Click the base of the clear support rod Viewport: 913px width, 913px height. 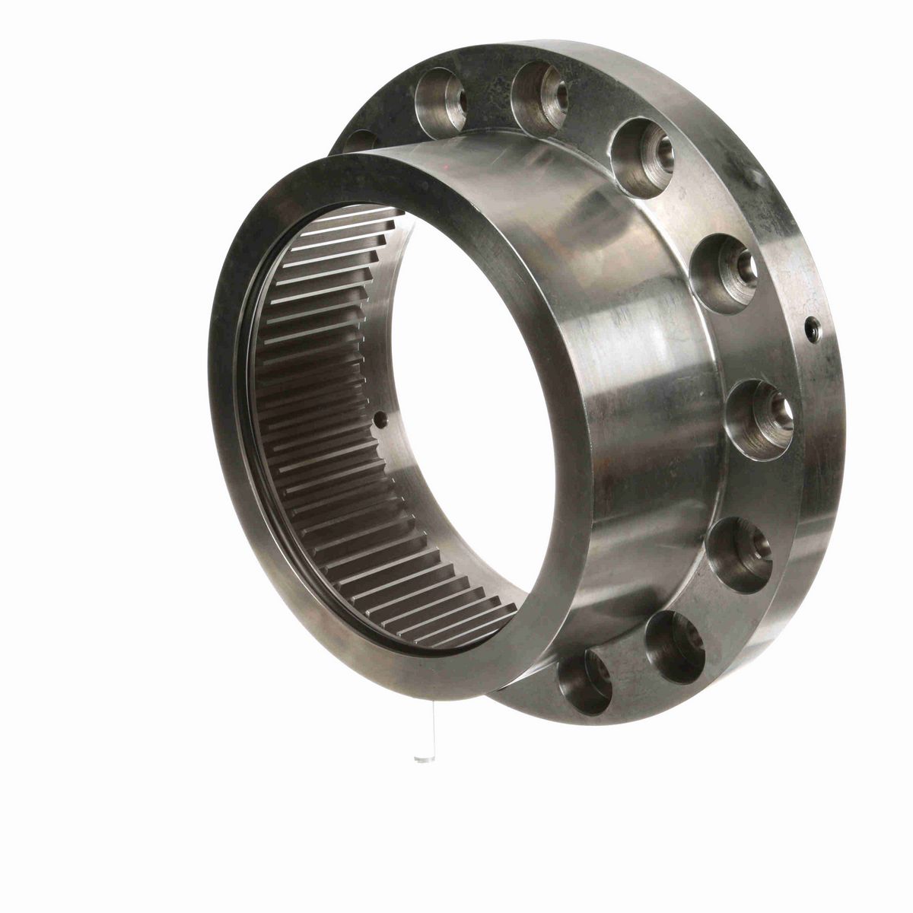point(420,759)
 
